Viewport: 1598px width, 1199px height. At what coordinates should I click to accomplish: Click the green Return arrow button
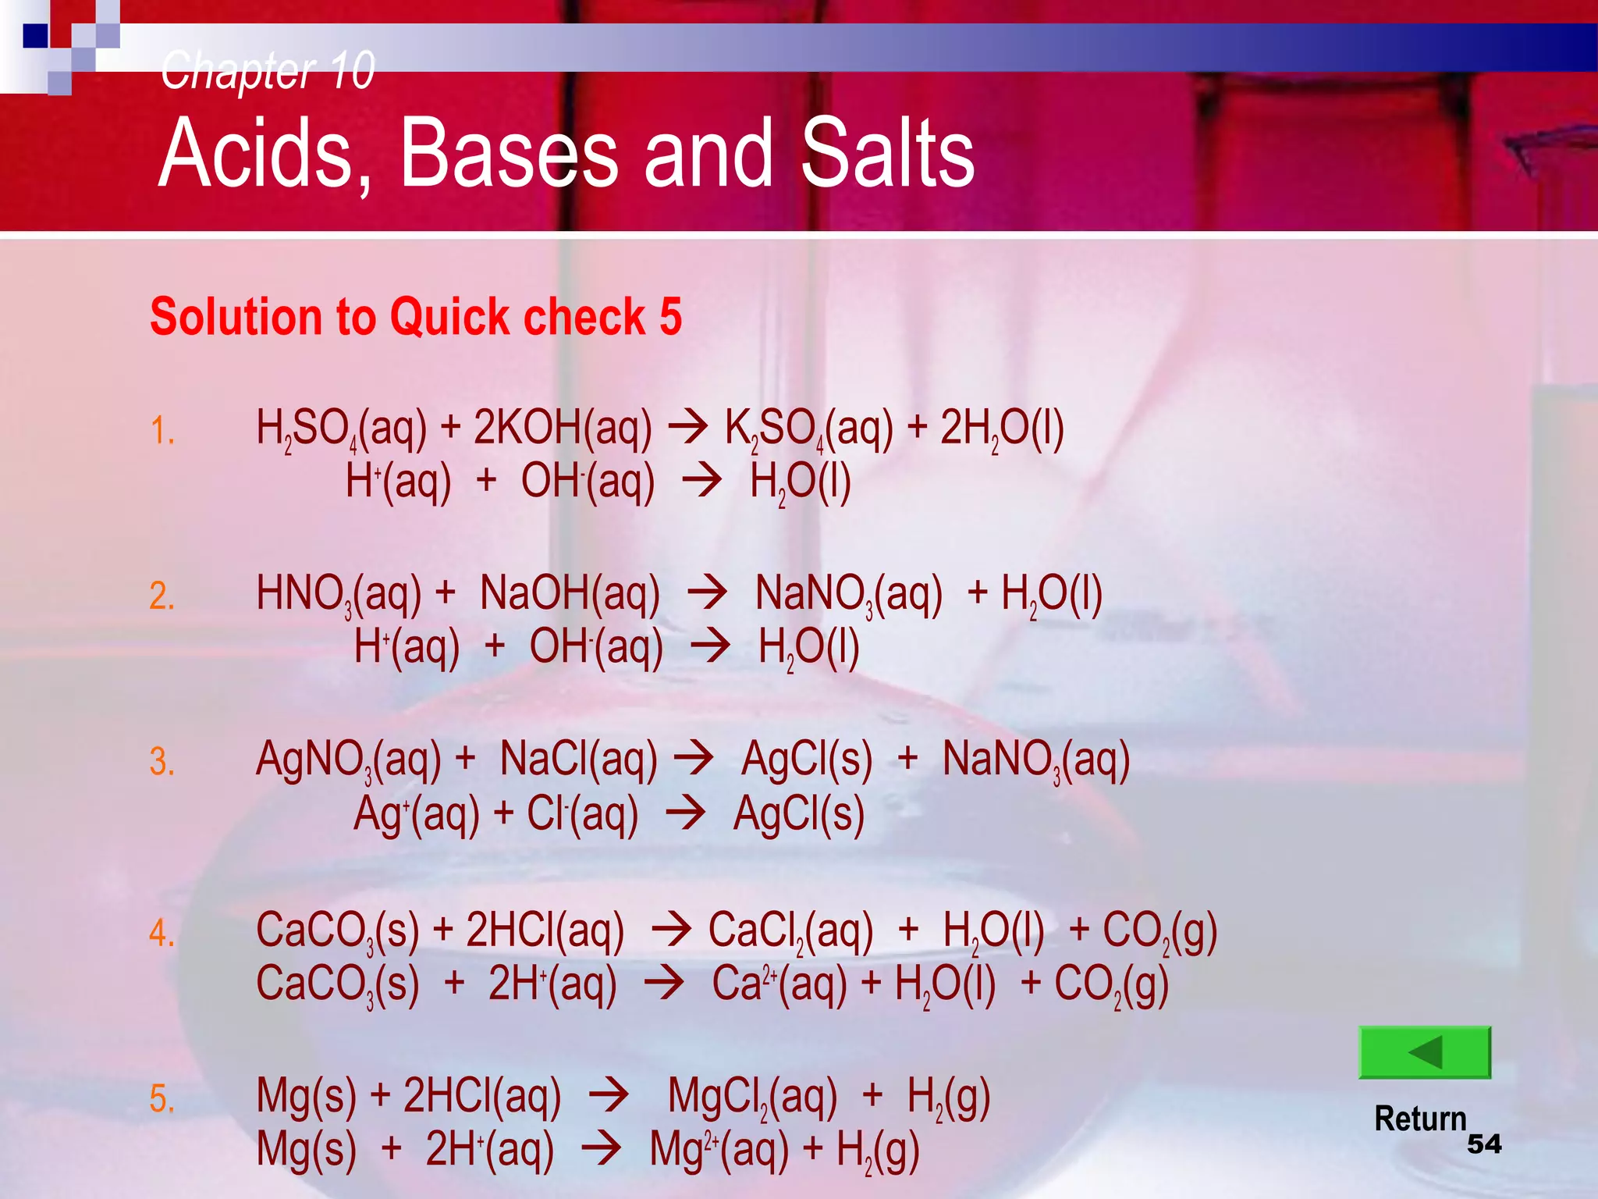(x=1425, y=1052)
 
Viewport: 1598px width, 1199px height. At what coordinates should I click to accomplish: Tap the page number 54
(x=1484, y=1144)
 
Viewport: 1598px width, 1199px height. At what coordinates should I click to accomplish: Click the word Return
(x=1420, y=1119)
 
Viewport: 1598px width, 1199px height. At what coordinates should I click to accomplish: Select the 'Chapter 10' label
(x=268, y=69)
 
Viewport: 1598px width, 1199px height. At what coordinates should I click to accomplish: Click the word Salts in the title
(x=887, y=153)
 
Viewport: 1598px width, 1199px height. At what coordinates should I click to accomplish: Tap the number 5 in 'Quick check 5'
(x=670, y=317)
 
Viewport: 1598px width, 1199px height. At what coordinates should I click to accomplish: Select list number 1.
(x=162, y=431)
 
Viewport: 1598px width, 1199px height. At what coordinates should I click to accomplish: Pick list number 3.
(x=162, y=761)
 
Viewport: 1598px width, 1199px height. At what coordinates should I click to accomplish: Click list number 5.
(x=162, y=1098)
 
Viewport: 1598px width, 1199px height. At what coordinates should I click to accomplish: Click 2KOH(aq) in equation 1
(x=562, y=429)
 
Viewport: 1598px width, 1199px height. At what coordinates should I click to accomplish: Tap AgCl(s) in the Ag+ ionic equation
(x=799, y=815)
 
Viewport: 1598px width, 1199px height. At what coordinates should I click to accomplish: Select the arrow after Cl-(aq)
(x=686, y=813)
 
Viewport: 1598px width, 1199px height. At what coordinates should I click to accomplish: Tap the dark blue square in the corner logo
(x=35, y=36)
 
